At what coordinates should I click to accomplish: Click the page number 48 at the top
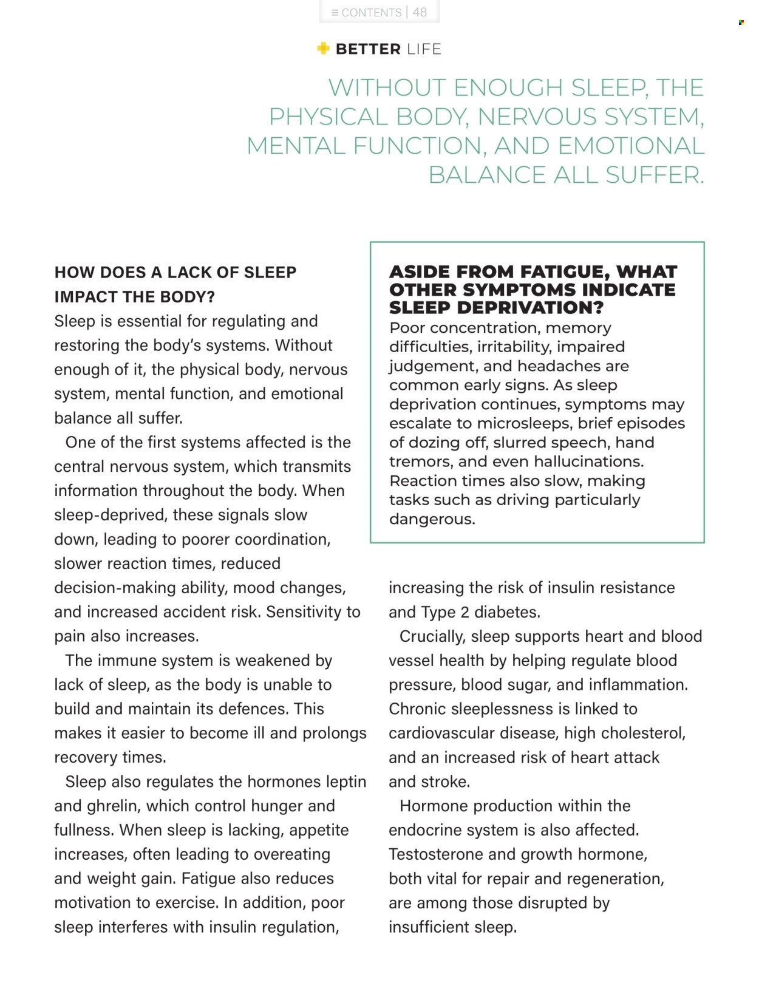420,12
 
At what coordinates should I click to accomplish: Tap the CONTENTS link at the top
371,13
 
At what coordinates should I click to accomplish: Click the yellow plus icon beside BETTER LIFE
323,49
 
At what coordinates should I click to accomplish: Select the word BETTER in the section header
368,49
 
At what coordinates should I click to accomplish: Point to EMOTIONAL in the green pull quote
631,146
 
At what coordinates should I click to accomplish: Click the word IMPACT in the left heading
83,297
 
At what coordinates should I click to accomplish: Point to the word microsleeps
523,423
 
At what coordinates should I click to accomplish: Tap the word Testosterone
435,854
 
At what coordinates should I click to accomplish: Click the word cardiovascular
441,733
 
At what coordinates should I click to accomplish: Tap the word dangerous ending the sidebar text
431,519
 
